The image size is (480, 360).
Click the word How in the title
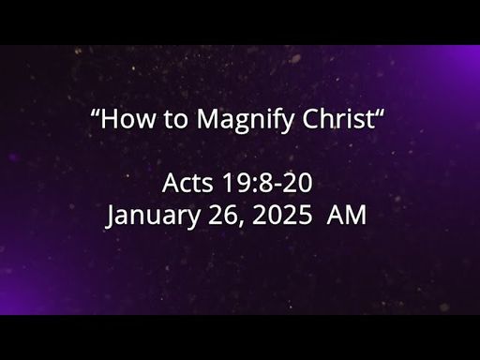[127, 118]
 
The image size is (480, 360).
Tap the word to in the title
[175, 119]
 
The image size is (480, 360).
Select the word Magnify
[246, 120]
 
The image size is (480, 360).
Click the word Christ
[338, 118]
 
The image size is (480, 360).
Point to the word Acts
[187, 183]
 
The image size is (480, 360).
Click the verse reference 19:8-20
[267, 183]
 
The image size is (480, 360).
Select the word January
[153, 217]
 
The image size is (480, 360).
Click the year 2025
[282, 215]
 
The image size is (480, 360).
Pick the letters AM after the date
[346, 215]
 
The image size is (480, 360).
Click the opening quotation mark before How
[95, 112]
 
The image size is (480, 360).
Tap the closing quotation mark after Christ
[380, 112]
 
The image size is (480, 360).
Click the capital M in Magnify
[209, 118]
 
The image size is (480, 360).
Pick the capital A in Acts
[171, 183]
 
